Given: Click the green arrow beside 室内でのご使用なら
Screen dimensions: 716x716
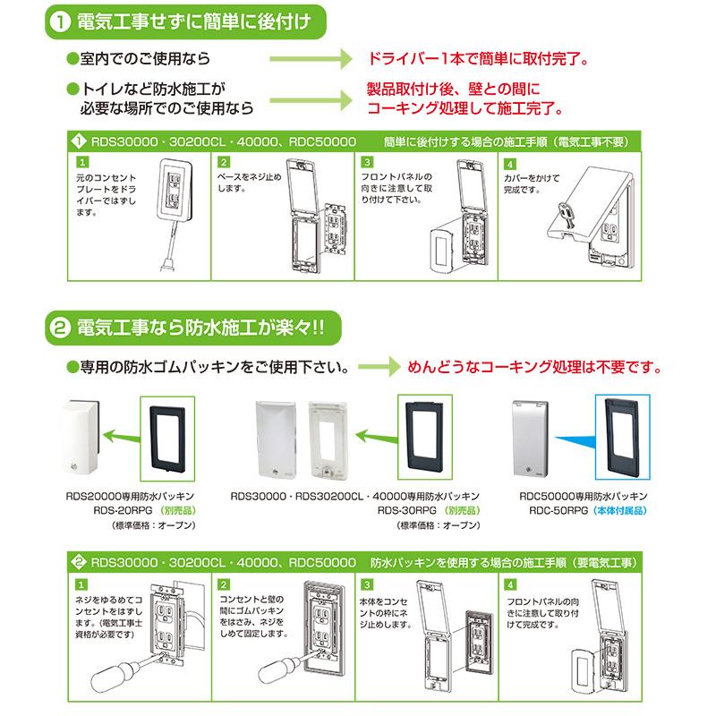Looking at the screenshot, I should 312,60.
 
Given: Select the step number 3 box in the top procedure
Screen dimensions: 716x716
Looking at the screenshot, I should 367,163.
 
